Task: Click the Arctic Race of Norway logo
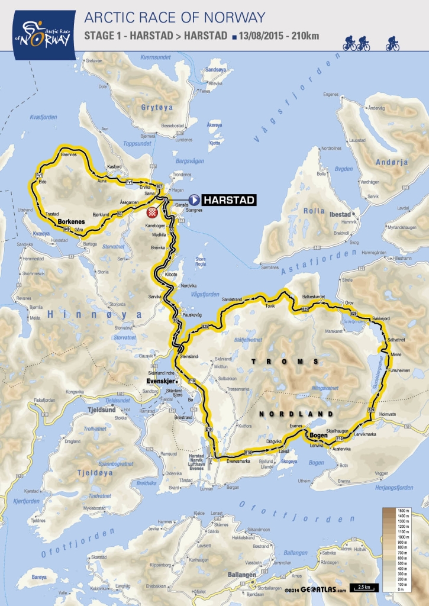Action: [x=38, y=30]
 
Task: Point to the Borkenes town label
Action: [x=72, y=223]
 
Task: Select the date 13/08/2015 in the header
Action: [x=262, y=36]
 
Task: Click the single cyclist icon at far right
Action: [x=392, y=43]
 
